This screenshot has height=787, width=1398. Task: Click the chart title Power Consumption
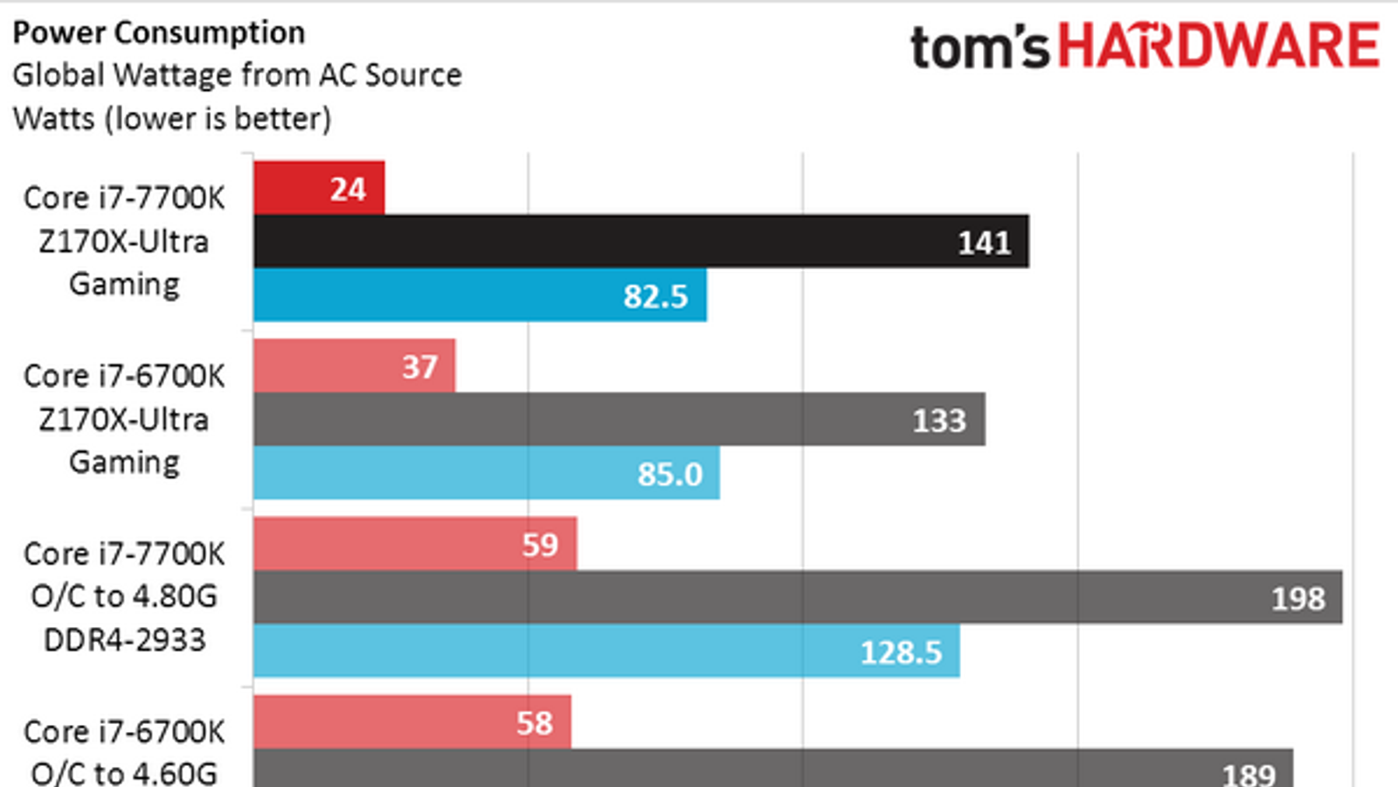tap(159, 33)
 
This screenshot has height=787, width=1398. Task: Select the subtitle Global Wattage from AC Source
tap(237, 75)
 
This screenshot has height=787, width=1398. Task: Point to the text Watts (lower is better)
tap(172, 118)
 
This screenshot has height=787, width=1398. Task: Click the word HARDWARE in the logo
tap(1219, 45)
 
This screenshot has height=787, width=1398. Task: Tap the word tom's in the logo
tap(979, 47)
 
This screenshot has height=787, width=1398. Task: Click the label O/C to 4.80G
tap(124, 596)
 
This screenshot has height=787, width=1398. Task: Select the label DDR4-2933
tap(124, 640)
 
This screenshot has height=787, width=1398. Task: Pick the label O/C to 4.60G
tap(124, 773)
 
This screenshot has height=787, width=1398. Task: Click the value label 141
tap(984, 242)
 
